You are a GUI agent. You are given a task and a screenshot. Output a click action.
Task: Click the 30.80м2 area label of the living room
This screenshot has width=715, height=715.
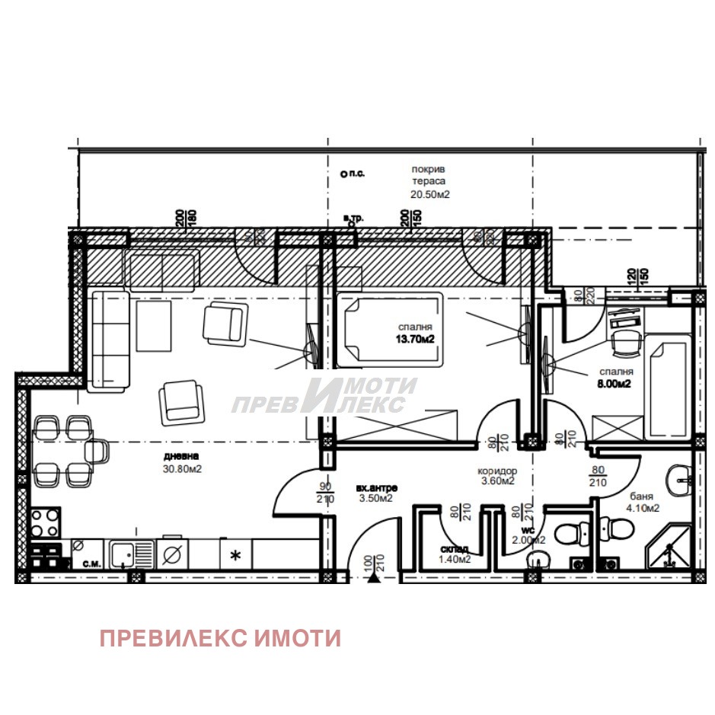pos(181,469)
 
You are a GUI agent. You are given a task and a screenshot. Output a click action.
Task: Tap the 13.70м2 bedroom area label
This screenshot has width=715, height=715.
pos(414,339)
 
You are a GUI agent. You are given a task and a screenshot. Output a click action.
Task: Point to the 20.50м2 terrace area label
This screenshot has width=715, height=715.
pos(430,194)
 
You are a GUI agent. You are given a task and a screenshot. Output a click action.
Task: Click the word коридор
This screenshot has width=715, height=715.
pos(499,471)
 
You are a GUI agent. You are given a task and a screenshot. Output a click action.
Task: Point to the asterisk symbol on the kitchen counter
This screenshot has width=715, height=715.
pos(235,555)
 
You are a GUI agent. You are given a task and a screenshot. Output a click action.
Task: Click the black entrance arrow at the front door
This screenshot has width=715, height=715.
pos(374,578)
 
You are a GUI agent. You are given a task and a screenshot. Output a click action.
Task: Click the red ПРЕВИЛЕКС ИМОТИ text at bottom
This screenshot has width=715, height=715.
pos(220,638)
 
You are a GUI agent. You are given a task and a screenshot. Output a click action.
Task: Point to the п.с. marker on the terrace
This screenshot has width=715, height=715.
pos(353,174)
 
